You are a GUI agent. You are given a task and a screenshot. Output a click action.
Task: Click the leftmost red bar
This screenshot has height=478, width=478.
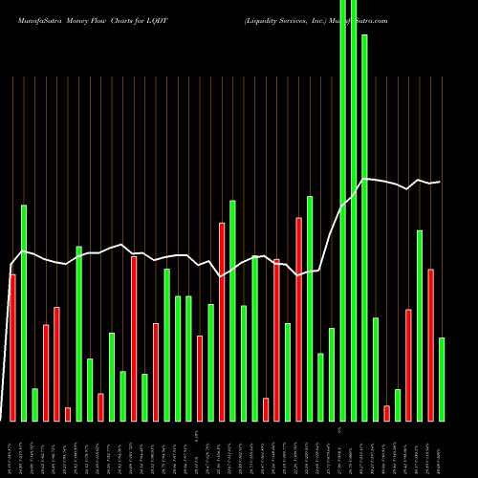click(12, 347)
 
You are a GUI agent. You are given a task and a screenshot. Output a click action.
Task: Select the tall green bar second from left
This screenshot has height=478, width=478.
click(24, 313)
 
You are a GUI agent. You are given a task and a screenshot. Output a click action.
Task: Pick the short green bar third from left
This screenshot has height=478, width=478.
click(34, 404)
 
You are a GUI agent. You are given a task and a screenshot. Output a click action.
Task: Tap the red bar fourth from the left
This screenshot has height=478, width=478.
click(46, 373)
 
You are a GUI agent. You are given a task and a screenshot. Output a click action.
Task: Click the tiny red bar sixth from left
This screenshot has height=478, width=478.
click(68, 414)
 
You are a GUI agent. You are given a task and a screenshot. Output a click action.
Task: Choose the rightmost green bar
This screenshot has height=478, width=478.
click(442, 379)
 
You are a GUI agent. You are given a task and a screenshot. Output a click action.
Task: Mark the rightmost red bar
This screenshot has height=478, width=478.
click(431, 344)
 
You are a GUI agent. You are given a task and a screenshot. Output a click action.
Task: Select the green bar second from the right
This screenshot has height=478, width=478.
click(420, 325)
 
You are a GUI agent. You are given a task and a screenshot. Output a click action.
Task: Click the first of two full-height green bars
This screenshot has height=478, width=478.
click(342, 210)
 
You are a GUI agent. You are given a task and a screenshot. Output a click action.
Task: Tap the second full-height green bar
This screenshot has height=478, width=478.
click(354, 210)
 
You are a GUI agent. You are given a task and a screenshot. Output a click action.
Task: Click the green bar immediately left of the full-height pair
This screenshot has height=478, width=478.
click(332, 374)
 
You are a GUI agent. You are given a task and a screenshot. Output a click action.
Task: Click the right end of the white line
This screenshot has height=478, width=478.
click(440, 182)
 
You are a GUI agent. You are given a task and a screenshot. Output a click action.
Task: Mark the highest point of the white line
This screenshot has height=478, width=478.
click(364, 179)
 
